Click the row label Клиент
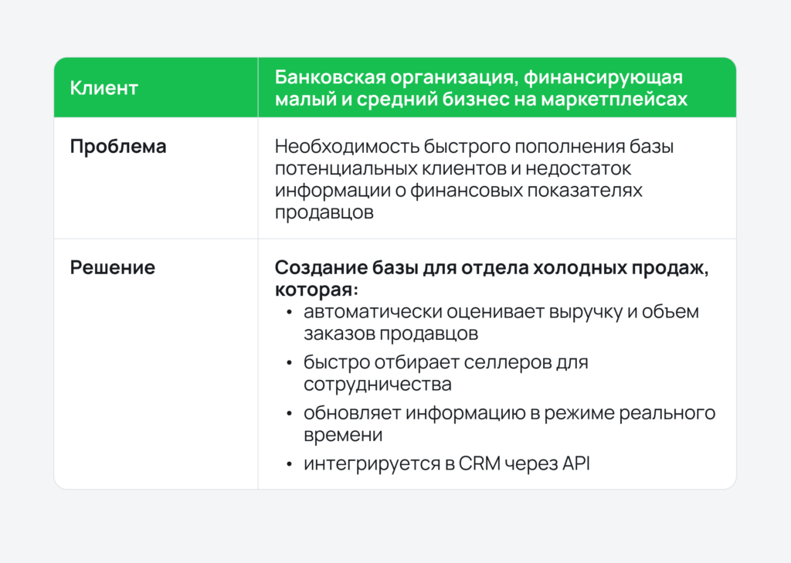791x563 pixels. click(104, 88)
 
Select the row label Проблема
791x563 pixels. click(118, 147)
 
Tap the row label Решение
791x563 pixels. click(113, 268)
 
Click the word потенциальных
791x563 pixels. click(339, 168)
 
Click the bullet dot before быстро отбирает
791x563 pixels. click(289, 363)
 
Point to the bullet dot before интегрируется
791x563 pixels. click(289, 464)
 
